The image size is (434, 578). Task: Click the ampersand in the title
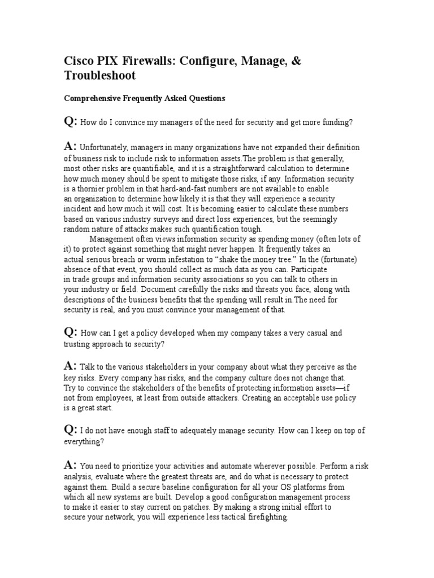click(296, 60)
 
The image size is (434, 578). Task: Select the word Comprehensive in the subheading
click(92, 98)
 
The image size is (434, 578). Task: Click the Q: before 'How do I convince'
click(70, 121)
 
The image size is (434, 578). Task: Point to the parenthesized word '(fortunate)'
click(336, 259)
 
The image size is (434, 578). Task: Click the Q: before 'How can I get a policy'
click(70, 332)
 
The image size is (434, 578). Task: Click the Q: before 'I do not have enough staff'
click(70, 430)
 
